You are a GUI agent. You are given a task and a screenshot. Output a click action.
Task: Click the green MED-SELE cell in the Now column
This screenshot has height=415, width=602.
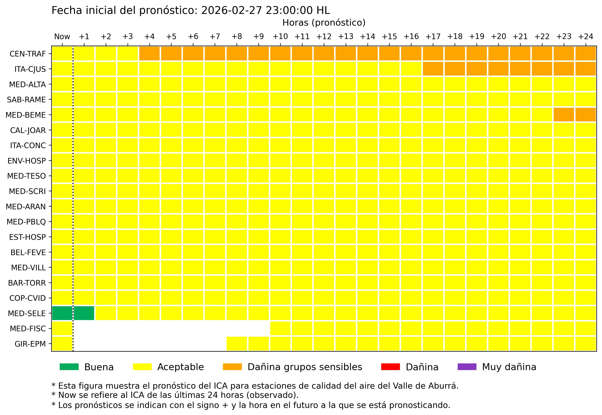click(62, 313)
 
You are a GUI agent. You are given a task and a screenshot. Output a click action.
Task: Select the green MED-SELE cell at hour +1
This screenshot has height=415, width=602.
click(84, 313)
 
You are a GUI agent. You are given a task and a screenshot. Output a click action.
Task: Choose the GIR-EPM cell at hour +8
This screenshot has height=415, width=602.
click(237, 344)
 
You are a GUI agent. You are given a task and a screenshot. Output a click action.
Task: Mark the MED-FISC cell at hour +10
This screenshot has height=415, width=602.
click(280, 328)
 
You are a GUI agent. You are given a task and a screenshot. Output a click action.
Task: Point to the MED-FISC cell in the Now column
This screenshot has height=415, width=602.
click(62, 328)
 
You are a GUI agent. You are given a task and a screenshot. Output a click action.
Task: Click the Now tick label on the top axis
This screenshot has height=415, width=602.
click(62, 37)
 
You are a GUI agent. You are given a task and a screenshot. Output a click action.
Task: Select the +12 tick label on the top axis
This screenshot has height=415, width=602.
click(324, 37)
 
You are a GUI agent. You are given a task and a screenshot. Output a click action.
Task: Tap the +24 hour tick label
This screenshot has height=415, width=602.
click(585, 37)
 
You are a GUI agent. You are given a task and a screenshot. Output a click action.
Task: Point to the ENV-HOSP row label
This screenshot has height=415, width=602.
click(27, 161)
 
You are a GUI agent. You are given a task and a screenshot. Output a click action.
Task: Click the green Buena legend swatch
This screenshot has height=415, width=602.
click(69, 367)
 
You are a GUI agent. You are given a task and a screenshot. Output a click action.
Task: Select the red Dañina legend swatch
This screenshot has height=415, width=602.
click(390, 367)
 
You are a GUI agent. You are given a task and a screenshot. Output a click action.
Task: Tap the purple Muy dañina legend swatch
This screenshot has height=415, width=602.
click(467, 367)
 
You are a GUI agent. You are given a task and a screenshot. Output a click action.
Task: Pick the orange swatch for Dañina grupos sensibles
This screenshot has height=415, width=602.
click(232, 367)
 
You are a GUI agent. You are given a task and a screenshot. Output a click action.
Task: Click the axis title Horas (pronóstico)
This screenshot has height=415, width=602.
click(324, 23)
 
